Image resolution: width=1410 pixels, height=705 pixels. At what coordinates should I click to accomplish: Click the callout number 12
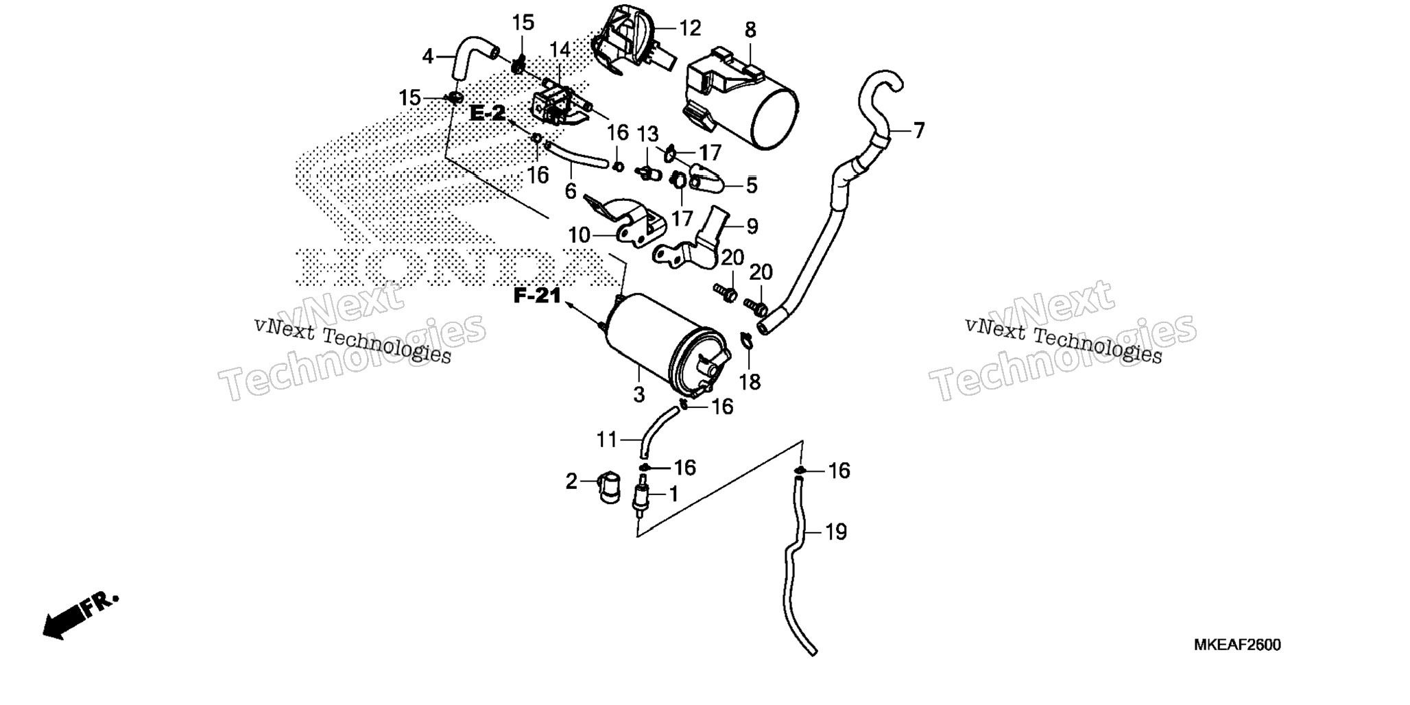[x=690, y=29]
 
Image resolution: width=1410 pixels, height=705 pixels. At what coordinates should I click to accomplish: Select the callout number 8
[x=750, y=30]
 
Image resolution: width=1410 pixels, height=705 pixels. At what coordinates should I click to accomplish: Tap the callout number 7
[x=918, y=130]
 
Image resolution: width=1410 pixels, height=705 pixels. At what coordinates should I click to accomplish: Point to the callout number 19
[x=836, y=531]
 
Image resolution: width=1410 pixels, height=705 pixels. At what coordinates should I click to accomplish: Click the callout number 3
[x=639, y=395]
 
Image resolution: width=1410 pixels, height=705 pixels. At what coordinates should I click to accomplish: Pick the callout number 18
[x=750, y=382]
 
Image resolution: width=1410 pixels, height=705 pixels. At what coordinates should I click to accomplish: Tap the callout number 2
[x=571, y=481]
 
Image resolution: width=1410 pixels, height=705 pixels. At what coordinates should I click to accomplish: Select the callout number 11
[x=607, y=440]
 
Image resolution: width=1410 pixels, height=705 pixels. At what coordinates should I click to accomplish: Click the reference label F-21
[x=538, y=296]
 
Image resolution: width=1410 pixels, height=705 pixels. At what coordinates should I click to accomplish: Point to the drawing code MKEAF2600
[x=1237, y=645]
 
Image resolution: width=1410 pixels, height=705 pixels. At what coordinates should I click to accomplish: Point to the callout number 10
[x=579, y=235]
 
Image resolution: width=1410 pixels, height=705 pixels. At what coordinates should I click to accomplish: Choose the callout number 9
[x=752, y=226]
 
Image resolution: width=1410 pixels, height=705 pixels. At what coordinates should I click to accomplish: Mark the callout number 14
[x=560, y=50]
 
